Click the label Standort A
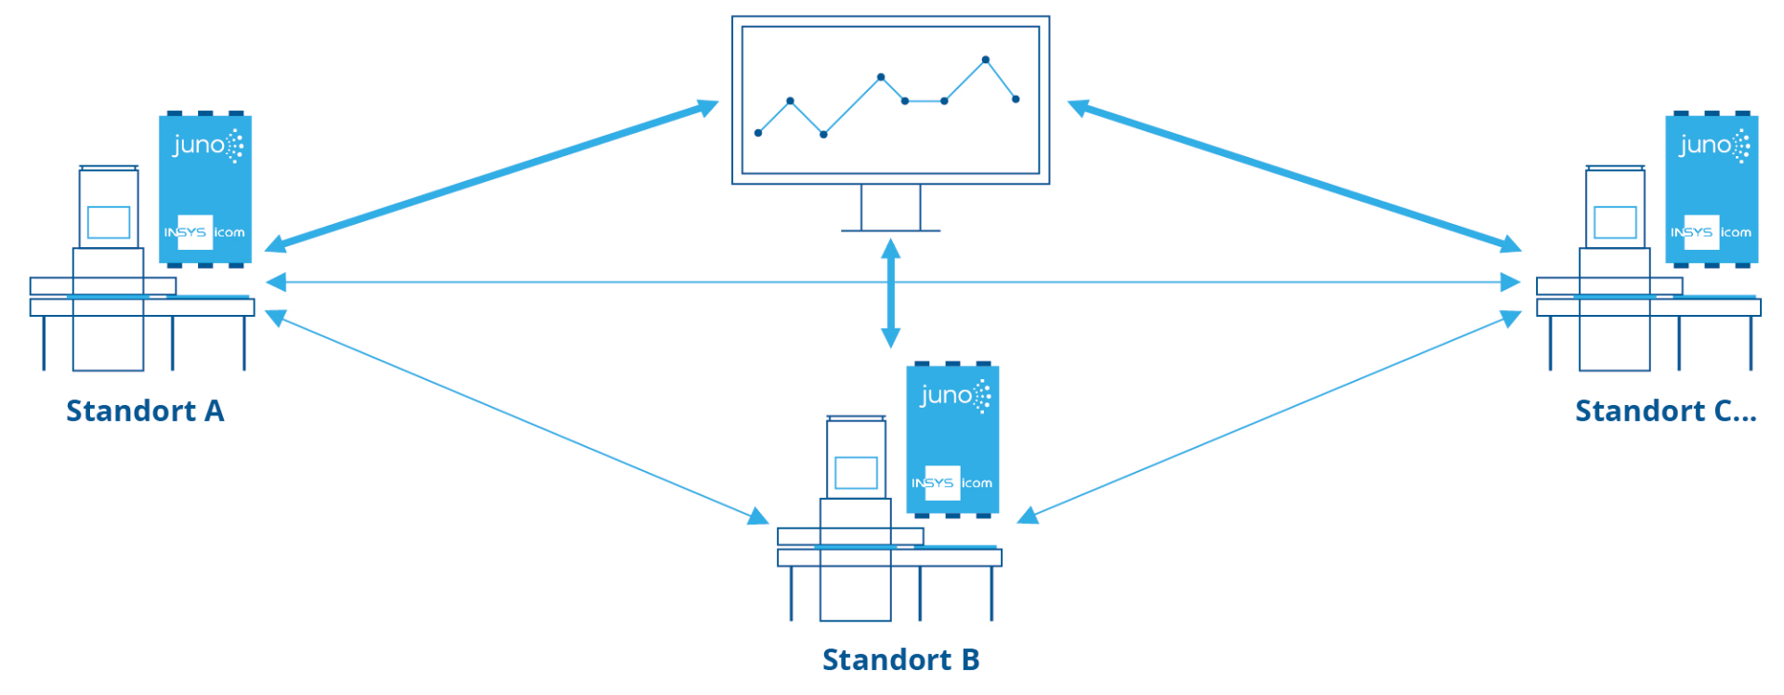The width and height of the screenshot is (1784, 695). point(145,411)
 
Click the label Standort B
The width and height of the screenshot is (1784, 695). point(900,660)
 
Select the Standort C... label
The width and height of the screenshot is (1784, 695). point(1665,411)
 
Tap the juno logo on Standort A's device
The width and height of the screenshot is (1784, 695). point(207,146)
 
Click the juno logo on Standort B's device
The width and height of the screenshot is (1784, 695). point(954,396)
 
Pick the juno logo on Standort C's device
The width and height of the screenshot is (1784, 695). point(1713,146)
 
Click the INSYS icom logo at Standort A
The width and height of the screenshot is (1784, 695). point(204,232)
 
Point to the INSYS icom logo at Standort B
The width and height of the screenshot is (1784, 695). point(951,483)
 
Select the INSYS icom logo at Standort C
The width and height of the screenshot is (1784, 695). point(1711,232)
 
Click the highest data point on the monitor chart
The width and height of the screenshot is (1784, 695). point(986,59)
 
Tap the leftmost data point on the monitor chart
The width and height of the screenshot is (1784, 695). point(758,133)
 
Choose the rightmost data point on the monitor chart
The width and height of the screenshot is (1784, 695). point(1016,99)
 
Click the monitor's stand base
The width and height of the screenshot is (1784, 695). point(890,229)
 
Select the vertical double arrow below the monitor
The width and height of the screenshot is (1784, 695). point(890,294)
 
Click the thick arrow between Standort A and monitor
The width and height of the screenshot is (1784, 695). point(492,177)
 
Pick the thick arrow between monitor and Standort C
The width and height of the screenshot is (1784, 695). point(1294,177)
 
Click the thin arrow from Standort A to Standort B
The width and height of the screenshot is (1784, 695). point(517,418)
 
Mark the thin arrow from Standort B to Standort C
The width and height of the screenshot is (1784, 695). point(1269,418)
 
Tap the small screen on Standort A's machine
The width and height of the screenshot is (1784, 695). point(109,222)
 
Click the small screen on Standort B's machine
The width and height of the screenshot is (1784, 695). point(856,473)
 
